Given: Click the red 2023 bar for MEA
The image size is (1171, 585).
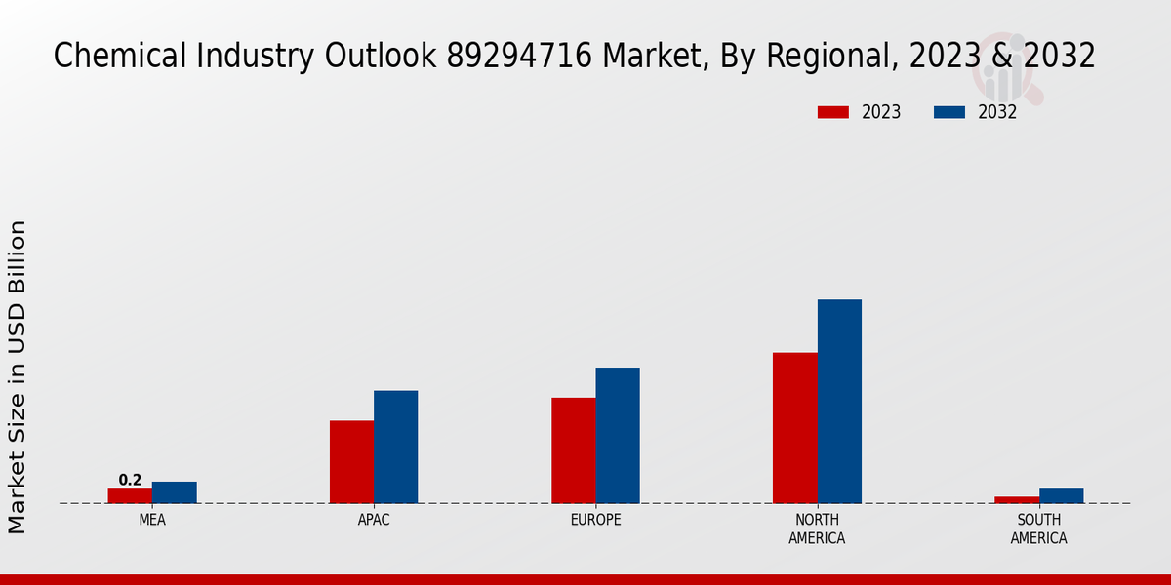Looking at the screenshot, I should (x=130, y=495).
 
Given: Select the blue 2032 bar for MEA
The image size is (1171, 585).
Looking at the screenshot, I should (x=175, y=492).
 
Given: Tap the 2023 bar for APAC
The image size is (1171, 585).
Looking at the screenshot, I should (x=351, y=461).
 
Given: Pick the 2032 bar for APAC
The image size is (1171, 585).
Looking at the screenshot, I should (x=396, y=447).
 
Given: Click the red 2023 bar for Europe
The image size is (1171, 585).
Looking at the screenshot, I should (x=574, y=449).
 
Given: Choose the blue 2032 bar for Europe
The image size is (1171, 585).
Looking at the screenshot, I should (x=618, y=435).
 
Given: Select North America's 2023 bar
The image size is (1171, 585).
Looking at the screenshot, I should (x=795, y=427).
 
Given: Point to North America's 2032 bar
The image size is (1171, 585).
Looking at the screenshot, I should (x=839, y=401).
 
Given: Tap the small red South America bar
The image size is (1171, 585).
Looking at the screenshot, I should (x=1017, y=499).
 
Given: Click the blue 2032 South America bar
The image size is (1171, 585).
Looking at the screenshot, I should (x=1062, y=495).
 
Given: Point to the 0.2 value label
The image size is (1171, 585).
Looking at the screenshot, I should (x=130, y=480).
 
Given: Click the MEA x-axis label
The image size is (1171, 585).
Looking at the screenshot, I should (x=152, y=520).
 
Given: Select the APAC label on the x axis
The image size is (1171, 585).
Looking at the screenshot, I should (x=374, y=520).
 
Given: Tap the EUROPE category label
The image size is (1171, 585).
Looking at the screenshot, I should (x=595, y=520).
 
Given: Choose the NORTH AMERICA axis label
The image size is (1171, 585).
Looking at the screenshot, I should (x=817, y=528).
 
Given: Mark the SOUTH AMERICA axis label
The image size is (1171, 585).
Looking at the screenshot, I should (x=1038, y=528).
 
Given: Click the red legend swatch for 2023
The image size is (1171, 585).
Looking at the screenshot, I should (x=833, y=112).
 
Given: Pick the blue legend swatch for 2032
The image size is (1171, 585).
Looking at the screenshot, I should (x=949, y=112).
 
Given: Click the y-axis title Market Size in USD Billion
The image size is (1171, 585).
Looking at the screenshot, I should (x=18, y=376).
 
